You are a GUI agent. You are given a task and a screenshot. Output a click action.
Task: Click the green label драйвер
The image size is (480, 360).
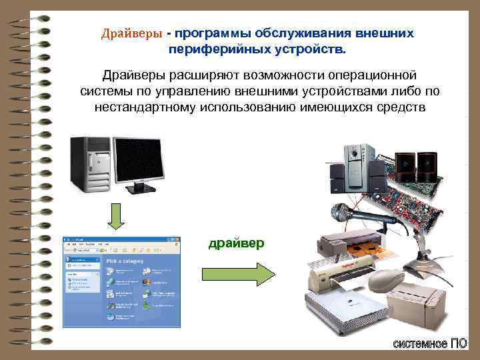tap(236, 244)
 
